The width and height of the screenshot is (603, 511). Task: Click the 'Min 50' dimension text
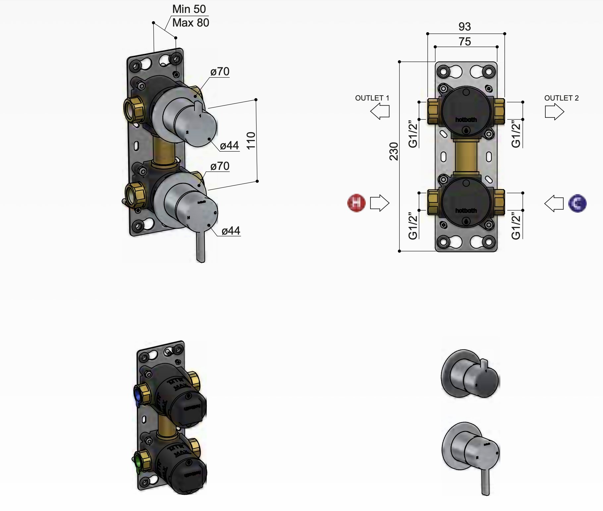tap(189, 9)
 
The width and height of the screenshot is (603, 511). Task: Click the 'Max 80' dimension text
tap(191, 23)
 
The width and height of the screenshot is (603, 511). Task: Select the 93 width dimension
tap(465, 27)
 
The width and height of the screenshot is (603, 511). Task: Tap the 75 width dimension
tap(465, 42)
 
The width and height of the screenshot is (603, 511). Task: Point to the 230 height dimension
tap(394, 151)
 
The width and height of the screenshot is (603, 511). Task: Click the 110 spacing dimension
tap(251, 140)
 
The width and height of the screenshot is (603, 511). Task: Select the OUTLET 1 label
tap(372, 98)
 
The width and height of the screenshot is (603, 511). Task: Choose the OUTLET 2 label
tap(561, 98)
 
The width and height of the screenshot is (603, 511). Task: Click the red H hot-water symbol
tap(356, 203)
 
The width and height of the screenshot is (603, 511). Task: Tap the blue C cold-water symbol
tap(577, 203)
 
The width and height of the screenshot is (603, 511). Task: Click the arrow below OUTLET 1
tap(380, 111)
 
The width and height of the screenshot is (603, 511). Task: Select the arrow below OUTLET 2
tap(554, 111)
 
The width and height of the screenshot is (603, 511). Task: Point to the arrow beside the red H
tap(379, 203)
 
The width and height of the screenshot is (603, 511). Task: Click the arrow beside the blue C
tap(554, 203)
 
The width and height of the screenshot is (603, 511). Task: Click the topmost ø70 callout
tap(220, 72)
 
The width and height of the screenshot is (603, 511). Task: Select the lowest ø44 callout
tap(231, 231)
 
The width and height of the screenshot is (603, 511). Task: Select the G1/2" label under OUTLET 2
tap(516, 134)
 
